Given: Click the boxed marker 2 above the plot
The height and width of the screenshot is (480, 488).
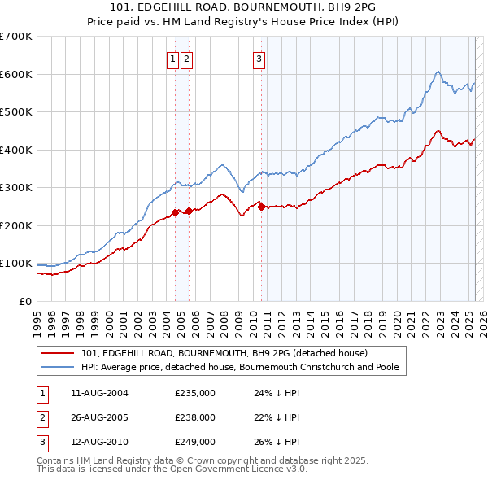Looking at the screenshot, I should (x=186, y=59).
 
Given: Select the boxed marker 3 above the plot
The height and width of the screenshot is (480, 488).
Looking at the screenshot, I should (x=259, y=59).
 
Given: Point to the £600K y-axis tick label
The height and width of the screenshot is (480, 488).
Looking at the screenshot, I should (x=15, y=74).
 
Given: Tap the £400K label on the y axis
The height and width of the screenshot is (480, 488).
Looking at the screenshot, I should (x=15, y=150).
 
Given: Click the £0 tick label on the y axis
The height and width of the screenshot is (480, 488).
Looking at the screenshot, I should (x=25, y=301).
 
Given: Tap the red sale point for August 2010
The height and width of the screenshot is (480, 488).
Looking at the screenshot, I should (x=261, y=207).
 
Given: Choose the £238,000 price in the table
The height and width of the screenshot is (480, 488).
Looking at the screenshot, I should (x=195, y=417).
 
